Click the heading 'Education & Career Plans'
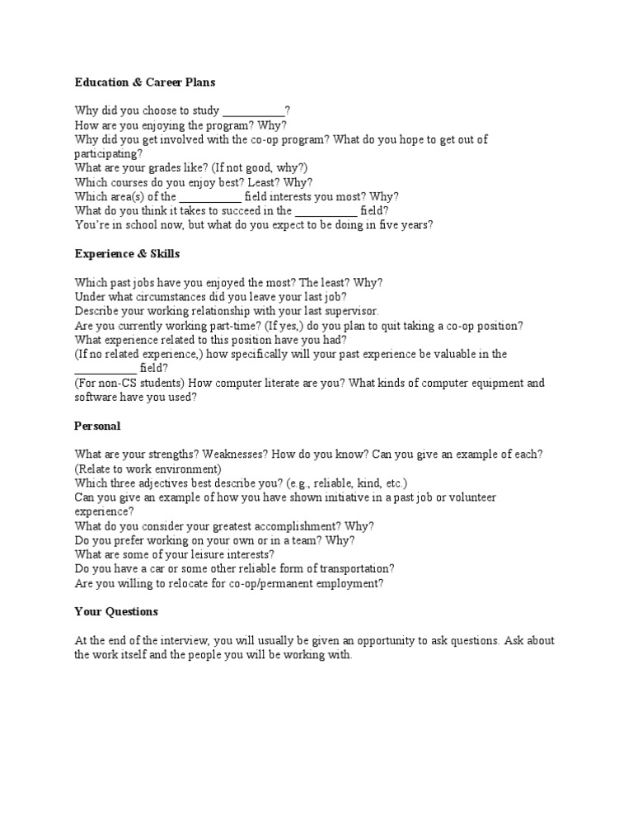(x=145, y=82)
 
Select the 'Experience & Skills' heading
(x=127, y=253)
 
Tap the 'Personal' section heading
(x=97, y=426)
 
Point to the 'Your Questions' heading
(x=116, y=612)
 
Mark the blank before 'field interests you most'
(x=210, y=196)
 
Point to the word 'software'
(x=96, y=397)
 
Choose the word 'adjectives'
(x=157, y=483)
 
